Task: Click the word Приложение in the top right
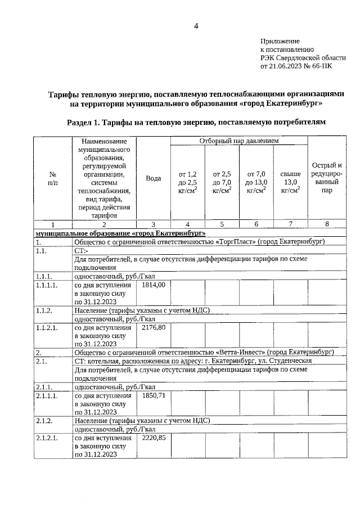280,42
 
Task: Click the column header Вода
153,178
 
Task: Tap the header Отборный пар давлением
238,141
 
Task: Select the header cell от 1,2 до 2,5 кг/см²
187,182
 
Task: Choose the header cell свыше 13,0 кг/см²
290,182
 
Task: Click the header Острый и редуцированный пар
327,178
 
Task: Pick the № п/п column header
52,178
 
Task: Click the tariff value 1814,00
154,285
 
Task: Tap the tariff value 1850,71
154,396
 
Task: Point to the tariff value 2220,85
154,438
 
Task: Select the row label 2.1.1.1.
47,396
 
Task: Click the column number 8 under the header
327,224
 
